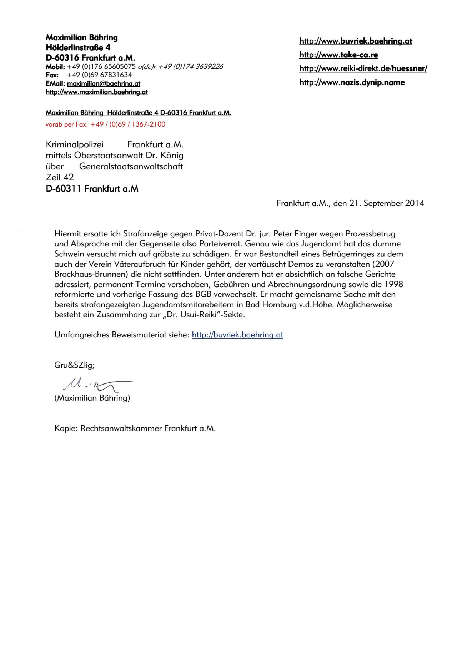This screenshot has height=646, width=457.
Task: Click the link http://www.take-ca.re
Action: click(338, 55)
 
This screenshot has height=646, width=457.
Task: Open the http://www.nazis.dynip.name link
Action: click(352, 82)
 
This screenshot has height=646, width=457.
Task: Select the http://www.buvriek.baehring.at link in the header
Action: click(356, 41)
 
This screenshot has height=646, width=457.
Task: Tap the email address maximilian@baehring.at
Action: click(104, 83)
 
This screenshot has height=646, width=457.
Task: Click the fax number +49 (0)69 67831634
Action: click(99, 75)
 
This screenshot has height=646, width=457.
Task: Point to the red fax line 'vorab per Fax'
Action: click(105, 124)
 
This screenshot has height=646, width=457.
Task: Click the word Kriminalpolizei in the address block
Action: click(75, 144)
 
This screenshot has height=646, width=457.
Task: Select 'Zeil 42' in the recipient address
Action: click(60, 177)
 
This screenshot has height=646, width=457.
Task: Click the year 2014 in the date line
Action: click(415, 203)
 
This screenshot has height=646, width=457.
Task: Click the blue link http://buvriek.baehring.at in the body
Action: click(237, 335)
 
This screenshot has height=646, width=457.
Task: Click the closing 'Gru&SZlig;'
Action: click(74, 365)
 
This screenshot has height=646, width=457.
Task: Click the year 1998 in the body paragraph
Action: click(393, 284)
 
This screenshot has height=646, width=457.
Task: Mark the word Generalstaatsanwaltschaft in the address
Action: click(131, 167)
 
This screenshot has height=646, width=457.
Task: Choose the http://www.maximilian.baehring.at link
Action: click(96, 92)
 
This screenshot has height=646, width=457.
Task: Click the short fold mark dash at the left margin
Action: click(20, 230)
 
